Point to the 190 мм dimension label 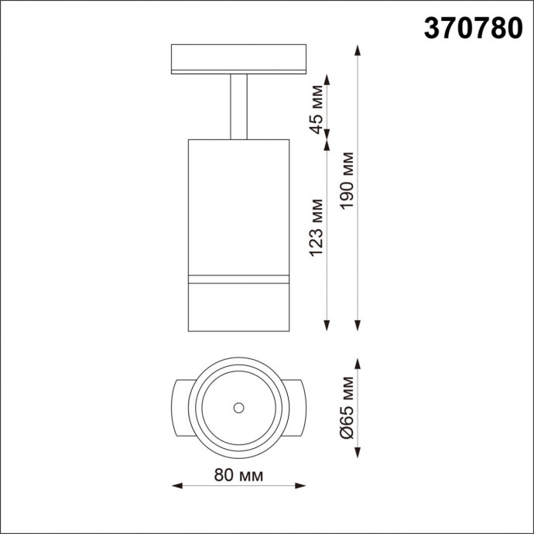347,187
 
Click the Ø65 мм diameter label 347,407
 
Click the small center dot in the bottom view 238,406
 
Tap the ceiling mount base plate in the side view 238,59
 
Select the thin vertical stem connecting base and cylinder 238,106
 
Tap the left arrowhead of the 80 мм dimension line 176,487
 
